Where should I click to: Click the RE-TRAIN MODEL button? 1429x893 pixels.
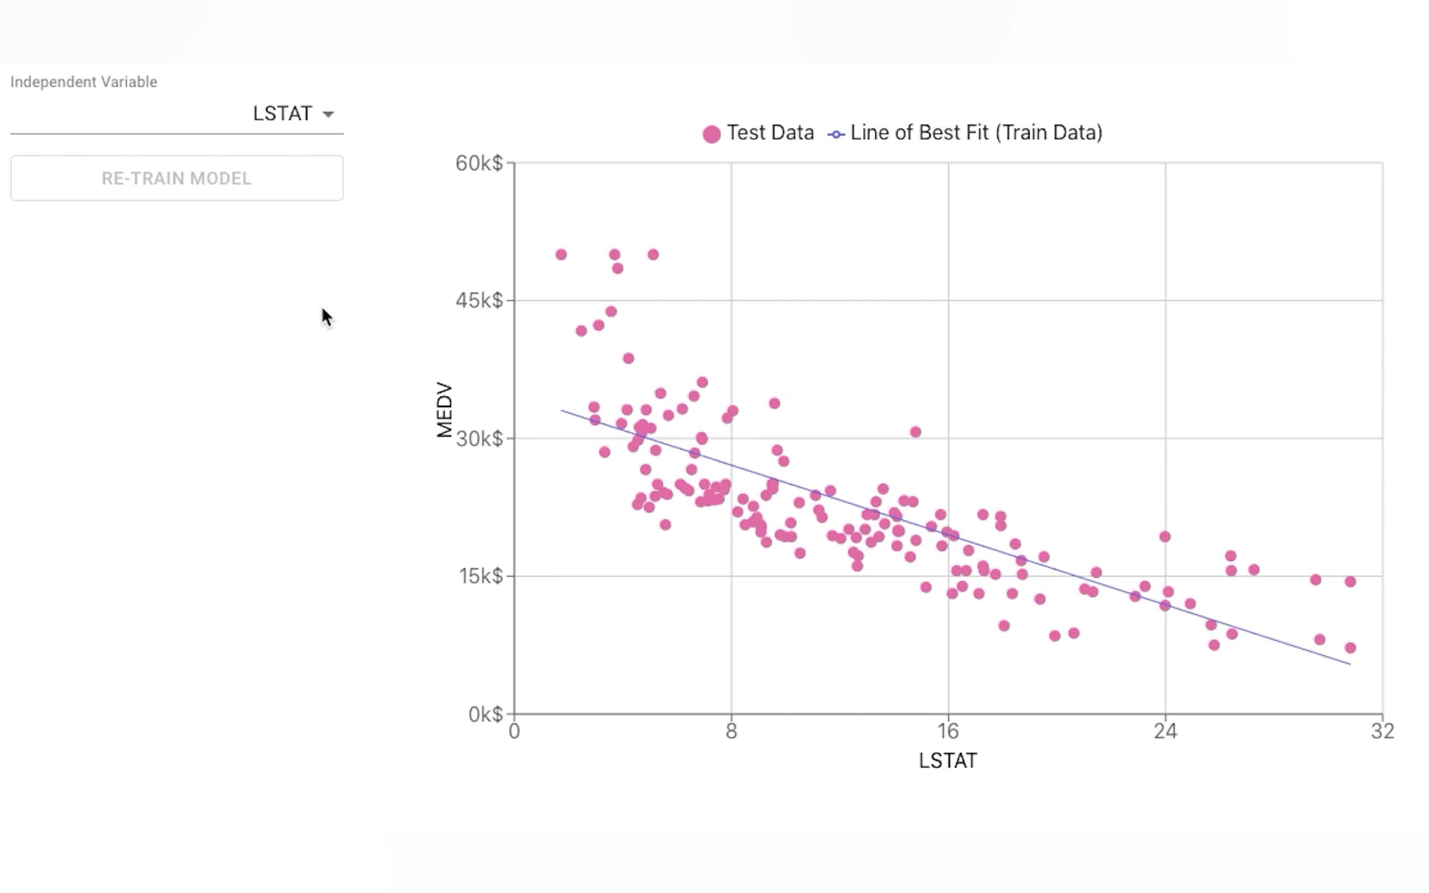(176, 178)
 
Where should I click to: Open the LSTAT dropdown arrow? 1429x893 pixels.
(328, 114)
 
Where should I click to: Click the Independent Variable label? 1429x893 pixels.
(83, 82)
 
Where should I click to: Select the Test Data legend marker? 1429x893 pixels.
(711, 134)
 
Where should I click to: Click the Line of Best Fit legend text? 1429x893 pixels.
(976, 133)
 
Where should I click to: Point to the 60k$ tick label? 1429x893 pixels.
(479, 163)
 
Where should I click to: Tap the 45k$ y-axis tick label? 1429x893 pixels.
(479, 301)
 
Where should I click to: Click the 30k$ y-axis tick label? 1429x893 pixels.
(479, 439)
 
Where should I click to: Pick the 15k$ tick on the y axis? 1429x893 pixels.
(480, 576)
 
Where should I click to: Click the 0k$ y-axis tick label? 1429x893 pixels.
(485, 715)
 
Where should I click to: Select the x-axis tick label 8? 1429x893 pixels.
(731, 732)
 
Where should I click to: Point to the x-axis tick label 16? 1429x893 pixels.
(948, 732)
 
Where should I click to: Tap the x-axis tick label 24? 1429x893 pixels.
(1165, 732)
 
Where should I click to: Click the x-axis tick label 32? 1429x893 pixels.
(1382, 732)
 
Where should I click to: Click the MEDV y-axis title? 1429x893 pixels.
(444, 410)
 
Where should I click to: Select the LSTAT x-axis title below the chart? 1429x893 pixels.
(947, 761)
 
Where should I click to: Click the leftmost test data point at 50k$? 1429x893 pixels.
(561, 255)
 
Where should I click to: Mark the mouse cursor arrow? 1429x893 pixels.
(327, 317)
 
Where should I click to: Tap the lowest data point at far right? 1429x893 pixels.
(1350, 648)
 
